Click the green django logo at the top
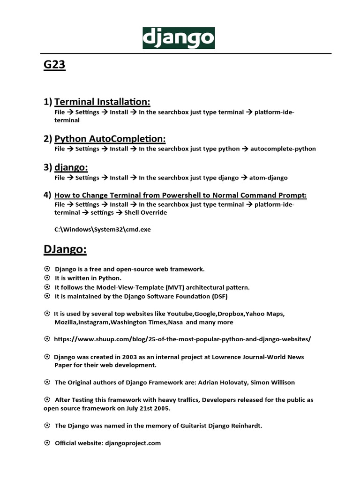[x=179, y=38]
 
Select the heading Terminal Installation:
[x=102, y=102]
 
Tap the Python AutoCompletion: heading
[x=110, y=139]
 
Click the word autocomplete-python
[x=283, y=149]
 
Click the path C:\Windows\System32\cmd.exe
[x=103, y=230]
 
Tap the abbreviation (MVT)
[x=165, y=287]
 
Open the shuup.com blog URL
[x=183, y=338]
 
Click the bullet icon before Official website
[x=47, y=442]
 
